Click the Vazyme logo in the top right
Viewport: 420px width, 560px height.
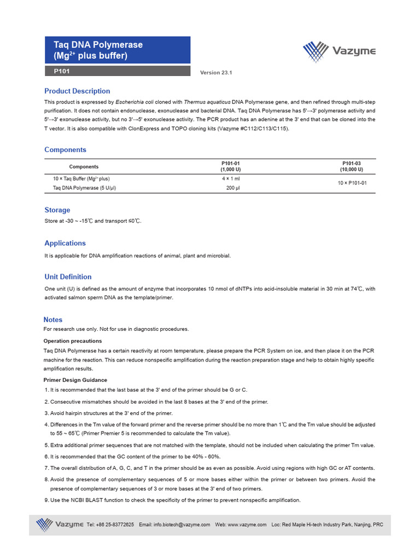click(339, 52)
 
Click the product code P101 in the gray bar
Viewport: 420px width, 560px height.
click(61, 71)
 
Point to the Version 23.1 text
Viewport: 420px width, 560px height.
click(216, 72)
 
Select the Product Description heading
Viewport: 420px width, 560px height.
click(77, 91)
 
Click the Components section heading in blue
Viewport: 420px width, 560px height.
click(65, 150)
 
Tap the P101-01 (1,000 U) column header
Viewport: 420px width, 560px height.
click(230, 166)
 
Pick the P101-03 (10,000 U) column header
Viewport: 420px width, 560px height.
click(351, 166)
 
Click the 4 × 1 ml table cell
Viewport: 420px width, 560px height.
click(230, 179)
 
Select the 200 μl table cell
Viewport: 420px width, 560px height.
click(232, 188)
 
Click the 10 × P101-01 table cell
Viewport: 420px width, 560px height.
click(352, 183)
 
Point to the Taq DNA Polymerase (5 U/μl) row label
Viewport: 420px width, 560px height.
click(84, 188)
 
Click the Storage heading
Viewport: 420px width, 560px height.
click(57, 210)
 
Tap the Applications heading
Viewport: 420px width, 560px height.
click(65, 243)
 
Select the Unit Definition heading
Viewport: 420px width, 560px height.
click(68, 277)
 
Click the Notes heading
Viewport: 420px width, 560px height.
click(53, 319)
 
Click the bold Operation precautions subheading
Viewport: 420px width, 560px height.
click(72, 341)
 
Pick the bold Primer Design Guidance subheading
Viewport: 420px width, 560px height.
click(75, 380)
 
